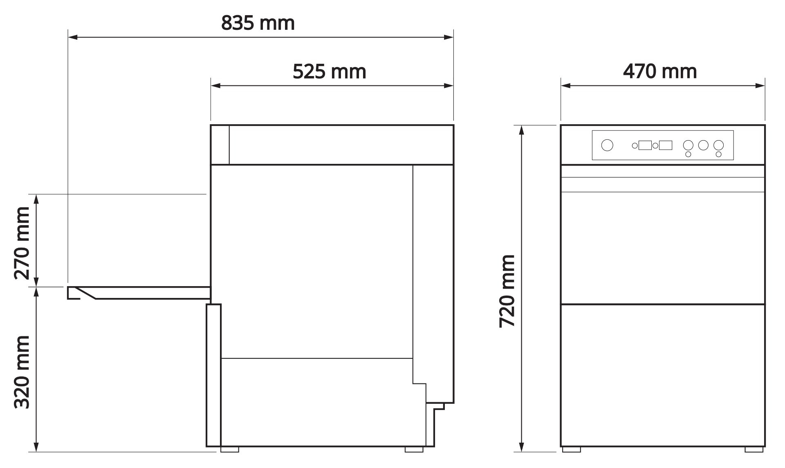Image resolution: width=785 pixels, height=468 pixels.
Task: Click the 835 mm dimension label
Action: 258,23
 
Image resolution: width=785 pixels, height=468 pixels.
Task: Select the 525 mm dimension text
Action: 329,72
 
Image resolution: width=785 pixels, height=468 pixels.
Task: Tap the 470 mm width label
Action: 659,72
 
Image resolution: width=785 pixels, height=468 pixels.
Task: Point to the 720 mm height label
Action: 507,291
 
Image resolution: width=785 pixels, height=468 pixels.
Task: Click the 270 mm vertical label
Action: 22,243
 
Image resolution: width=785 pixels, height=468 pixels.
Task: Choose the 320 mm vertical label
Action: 22,372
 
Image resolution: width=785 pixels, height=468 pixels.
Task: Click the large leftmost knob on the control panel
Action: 607,145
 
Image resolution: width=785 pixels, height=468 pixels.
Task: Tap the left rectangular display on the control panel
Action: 645,145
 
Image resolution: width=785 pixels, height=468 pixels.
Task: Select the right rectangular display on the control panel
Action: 666,145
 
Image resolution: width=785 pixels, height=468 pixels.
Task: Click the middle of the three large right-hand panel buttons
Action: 703,145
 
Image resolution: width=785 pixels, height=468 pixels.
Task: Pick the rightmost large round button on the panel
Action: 718,145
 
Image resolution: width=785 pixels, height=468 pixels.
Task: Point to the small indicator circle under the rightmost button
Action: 718,154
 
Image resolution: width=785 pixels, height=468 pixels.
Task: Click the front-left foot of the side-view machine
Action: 229,449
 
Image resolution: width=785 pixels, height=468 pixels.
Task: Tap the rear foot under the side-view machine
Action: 414,449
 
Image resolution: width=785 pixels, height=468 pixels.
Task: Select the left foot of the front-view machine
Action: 571,449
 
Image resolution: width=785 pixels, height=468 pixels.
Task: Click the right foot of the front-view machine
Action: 754,449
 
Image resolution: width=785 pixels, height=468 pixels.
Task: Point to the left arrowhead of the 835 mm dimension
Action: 73,37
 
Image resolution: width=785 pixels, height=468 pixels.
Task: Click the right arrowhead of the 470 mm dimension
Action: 760,86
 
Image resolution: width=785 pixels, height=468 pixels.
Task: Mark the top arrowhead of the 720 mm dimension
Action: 521,130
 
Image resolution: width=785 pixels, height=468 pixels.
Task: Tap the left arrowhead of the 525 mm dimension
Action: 216,86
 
